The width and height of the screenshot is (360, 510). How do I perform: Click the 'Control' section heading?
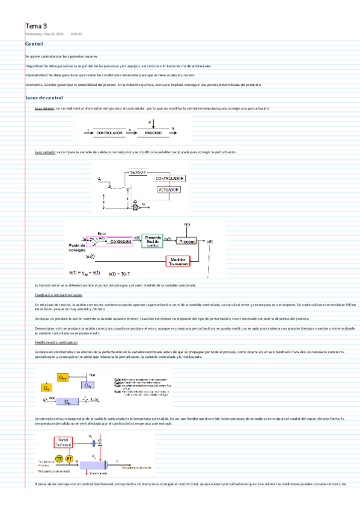[x=34, y=45]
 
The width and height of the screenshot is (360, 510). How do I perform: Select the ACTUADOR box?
[x=168, y=190]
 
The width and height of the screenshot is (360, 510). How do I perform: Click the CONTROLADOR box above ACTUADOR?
[x=170, y=179]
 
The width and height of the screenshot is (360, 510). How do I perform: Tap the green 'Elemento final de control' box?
[x=153, y=241]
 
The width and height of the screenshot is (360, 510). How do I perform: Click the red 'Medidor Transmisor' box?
[x=177, y=260]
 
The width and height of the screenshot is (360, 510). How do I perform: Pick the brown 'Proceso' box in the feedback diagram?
[x=188, y=241]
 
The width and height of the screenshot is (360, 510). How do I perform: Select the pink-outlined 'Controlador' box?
[x=120, y=241]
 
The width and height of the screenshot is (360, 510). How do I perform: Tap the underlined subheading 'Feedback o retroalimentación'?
[x=57, y=295]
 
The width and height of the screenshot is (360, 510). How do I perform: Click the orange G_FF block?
[x=63, y=377]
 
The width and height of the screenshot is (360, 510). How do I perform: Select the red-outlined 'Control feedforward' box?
[x=63, y=443]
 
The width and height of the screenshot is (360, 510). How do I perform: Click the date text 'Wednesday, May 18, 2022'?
[x=44, y=34]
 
